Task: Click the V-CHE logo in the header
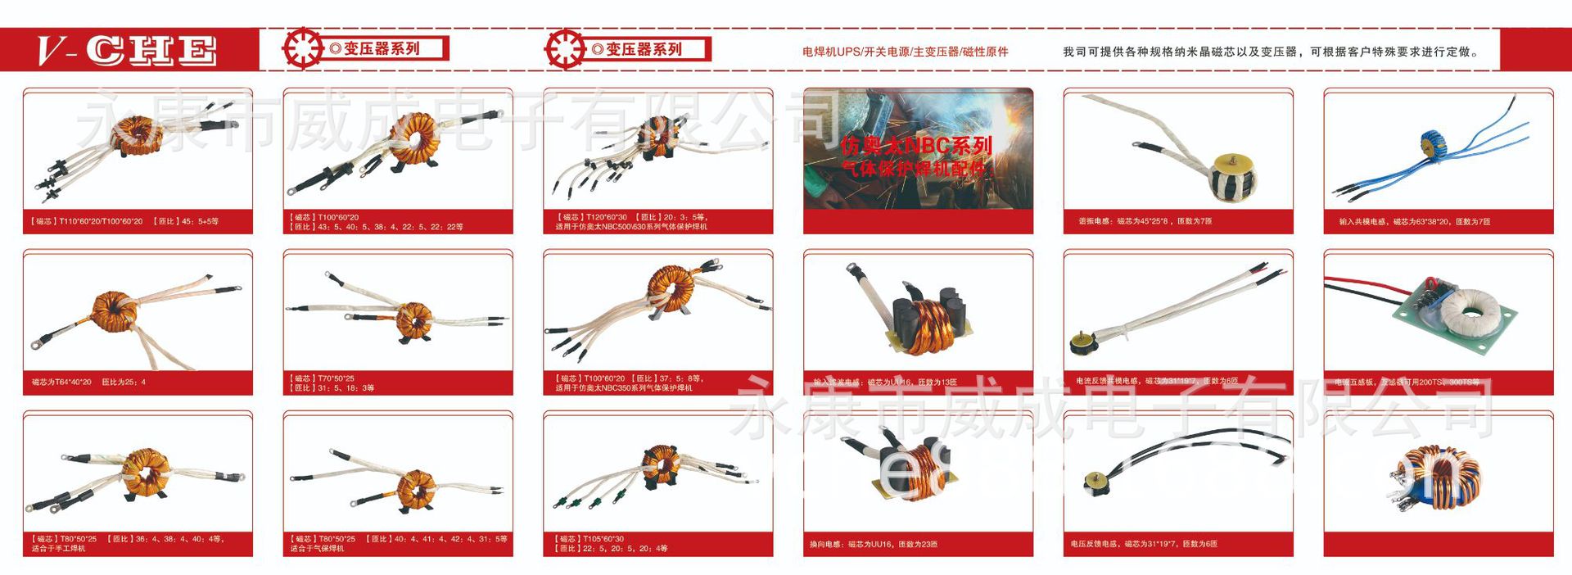(x=127, y=50)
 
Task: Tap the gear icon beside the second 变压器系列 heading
(x=564, y=48)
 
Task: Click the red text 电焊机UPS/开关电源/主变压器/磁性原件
(x=905, y=52)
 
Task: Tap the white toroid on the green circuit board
(x=1470, y=311)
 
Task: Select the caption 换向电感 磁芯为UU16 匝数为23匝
(x=873, y=544)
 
